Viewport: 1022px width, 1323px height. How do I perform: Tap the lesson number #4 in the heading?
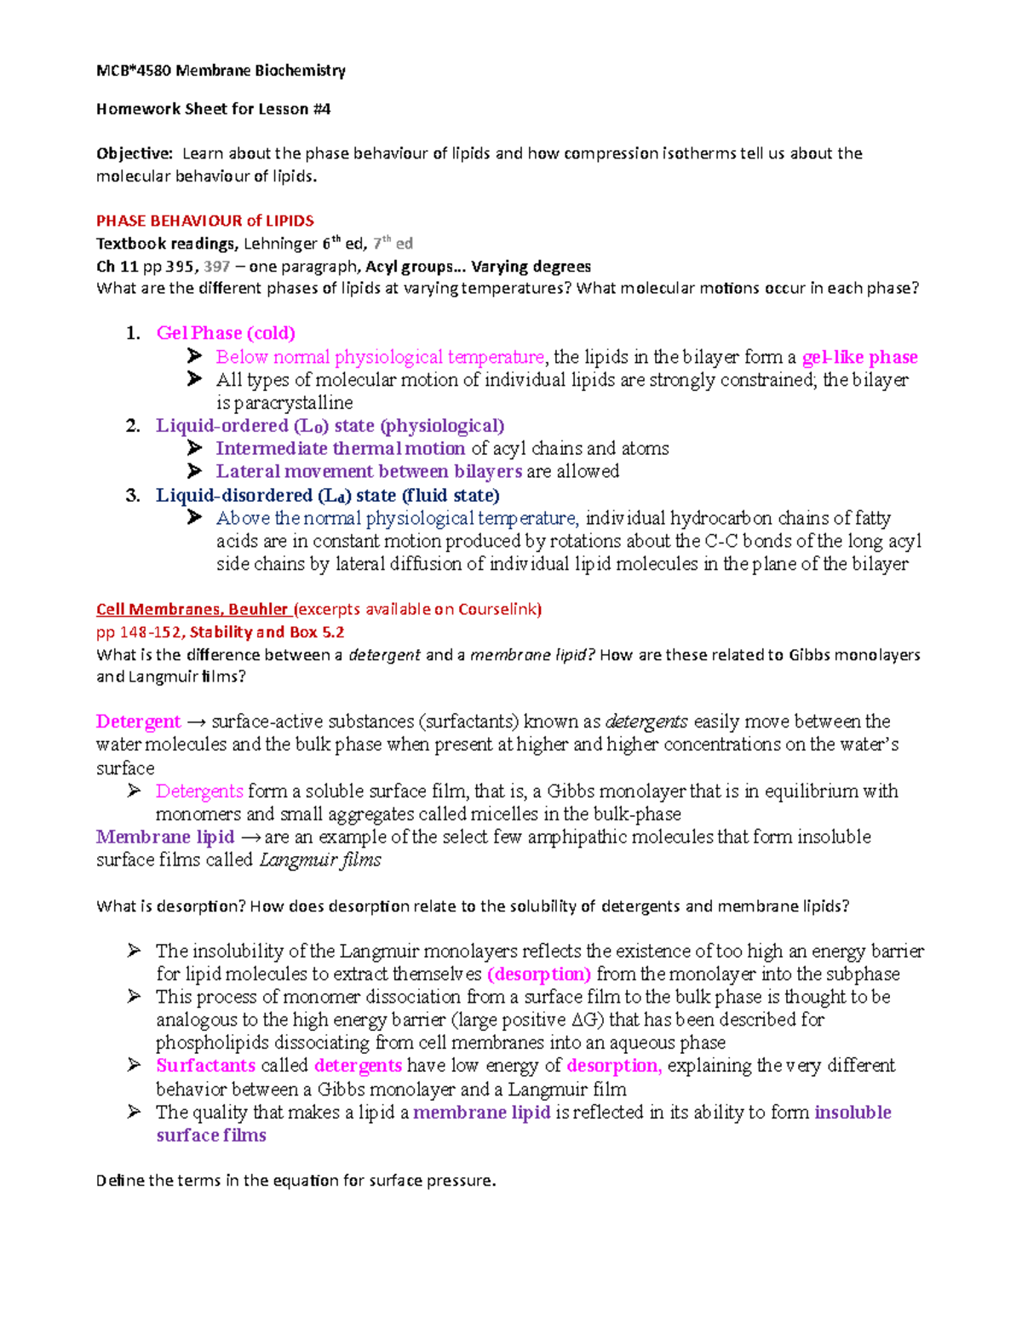click(321, 109)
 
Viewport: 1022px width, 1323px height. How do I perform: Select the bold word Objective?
click(135, 153)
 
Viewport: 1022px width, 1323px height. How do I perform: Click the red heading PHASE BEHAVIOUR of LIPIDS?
click(204, 221)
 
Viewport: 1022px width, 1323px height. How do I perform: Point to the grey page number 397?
click(217, 267)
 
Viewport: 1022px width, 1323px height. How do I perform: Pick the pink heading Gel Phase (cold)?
click(226, 333)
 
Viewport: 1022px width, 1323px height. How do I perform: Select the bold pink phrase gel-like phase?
click(859, 357)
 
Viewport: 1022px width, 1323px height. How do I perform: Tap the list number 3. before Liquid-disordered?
click(132, 496)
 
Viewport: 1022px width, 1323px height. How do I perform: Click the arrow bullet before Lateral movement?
click(195, 471)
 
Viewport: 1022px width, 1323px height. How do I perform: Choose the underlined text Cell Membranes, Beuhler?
click(192, 609)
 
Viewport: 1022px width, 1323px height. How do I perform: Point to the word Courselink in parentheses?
click(497, 609)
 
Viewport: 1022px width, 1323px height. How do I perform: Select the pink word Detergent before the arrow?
click(138, 722)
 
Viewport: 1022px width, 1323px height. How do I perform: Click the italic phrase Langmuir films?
click(319, 860)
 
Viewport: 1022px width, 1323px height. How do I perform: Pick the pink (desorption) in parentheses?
click(538, 974)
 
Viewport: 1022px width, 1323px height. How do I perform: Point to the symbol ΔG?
click(585, 1020)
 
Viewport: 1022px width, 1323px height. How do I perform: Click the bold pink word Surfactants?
click(205, 1066)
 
